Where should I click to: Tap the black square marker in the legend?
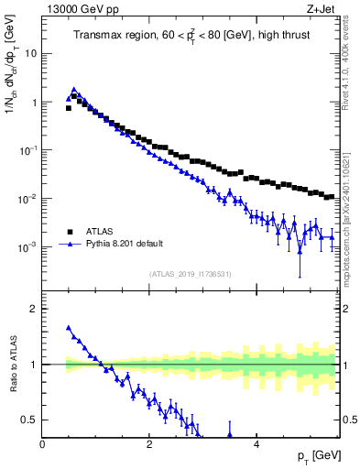68,232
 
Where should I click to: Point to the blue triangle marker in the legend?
68,245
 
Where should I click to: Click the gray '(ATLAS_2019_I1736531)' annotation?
191,274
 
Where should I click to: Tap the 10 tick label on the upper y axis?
30,53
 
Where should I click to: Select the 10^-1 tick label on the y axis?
27,150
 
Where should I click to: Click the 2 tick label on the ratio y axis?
34,309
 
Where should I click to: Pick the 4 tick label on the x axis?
256,445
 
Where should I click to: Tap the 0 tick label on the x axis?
42,445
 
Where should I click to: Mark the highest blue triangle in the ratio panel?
68,327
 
